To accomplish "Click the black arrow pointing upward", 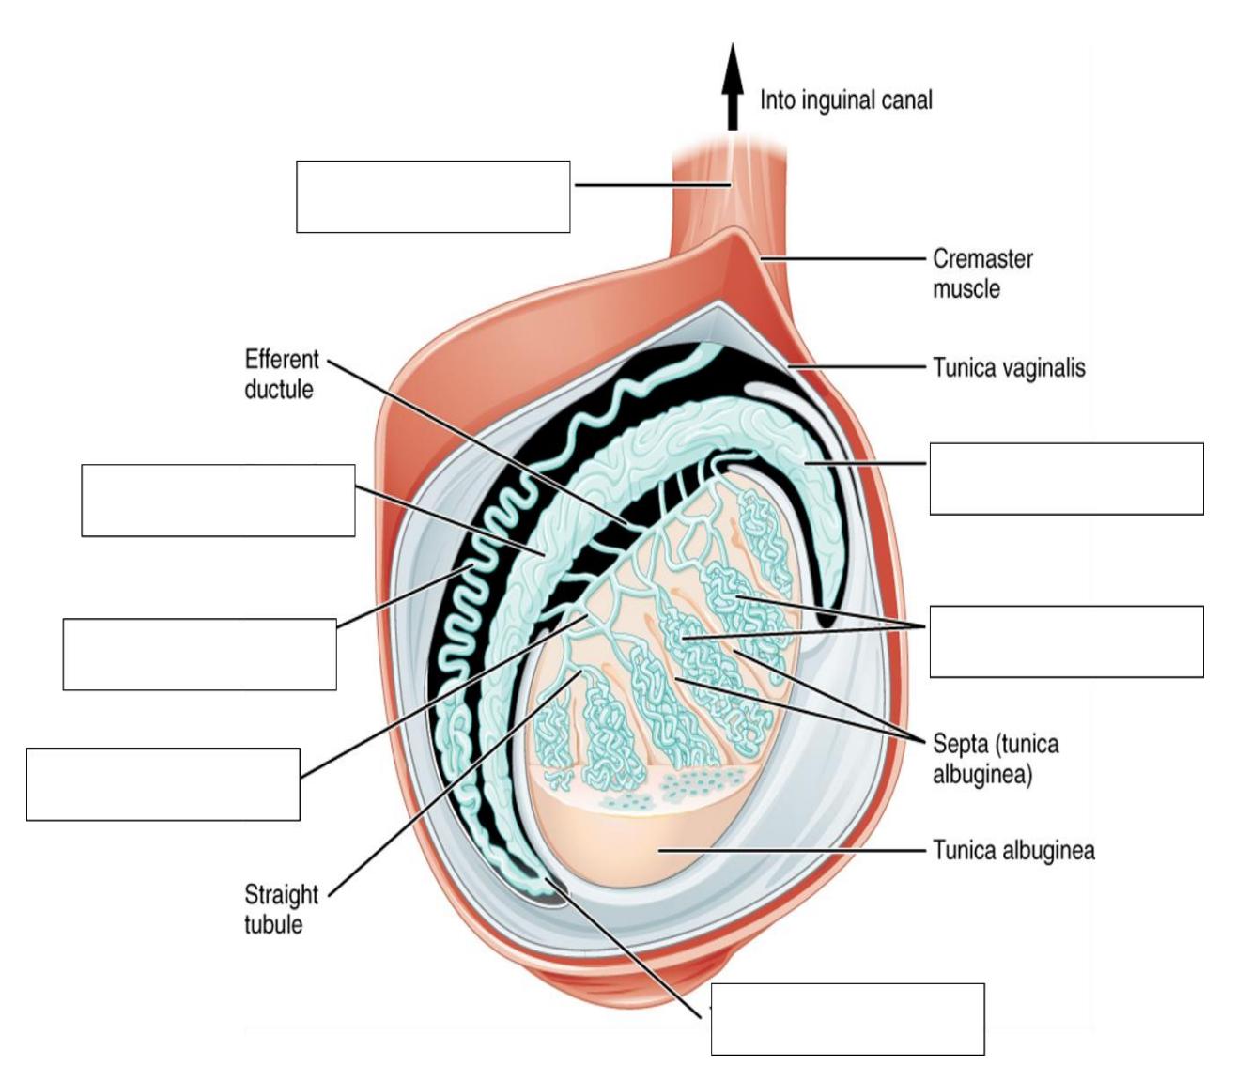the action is point(733,86).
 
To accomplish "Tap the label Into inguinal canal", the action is point(845,100).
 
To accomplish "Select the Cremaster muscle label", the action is point(982,273).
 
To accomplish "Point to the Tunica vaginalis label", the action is point(1009,367).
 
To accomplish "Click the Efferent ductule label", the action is point(282,375).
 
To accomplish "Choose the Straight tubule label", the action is point(281,909).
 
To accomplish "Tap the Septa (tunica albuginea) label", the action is point(996,759).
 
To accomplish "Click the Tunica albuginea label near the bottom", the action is point(1013,850).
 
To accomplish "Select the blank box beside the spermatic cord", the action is point(433,196).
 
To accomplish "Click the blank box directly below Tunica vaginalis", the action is point(1066,479).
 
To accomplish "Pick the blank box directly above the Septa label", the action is point(1066,641).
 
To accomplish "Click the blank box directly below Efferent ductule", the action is point(218,500).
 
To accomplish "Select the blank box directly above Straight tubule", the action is point(163,784).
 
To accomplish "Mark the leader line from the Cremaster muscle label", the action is point(843,258).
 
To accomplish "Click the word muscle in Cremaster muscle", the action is point(966,288).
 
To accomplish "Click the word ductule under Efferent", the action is point(279,390).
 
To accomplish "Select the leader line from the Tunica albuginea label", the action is point(792,850).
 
